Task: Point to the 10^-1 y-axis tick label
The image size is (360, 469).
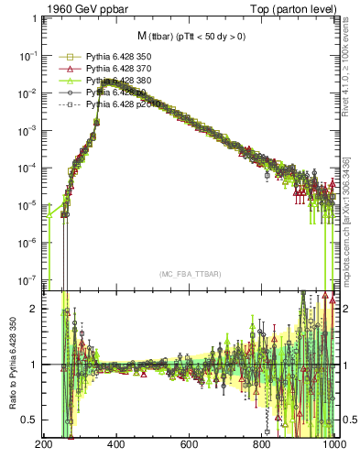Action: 27,55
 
